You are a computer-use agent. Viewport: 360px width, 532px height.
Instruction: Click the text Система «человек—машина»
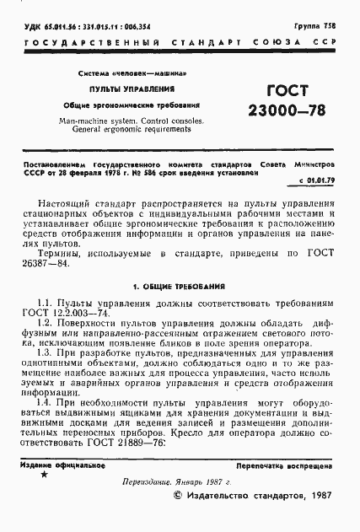tap(132, 72)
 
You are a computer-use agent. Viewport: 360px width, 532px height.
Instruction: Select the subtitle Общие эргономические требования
tap(132, 105)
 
